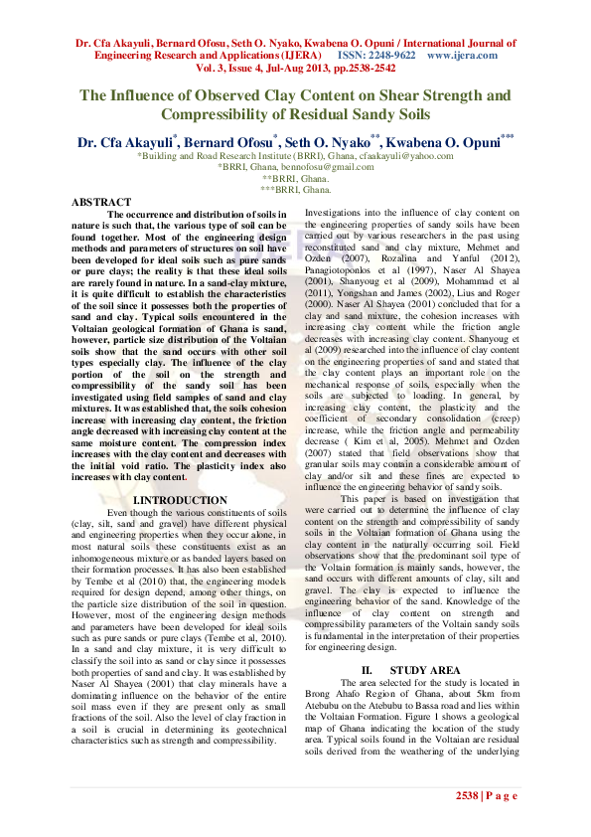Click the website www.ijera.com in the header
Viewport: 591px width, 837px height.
click(x=462, y=56)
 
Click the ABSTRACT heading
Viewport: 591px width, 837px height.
click(x=101, y=202)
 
